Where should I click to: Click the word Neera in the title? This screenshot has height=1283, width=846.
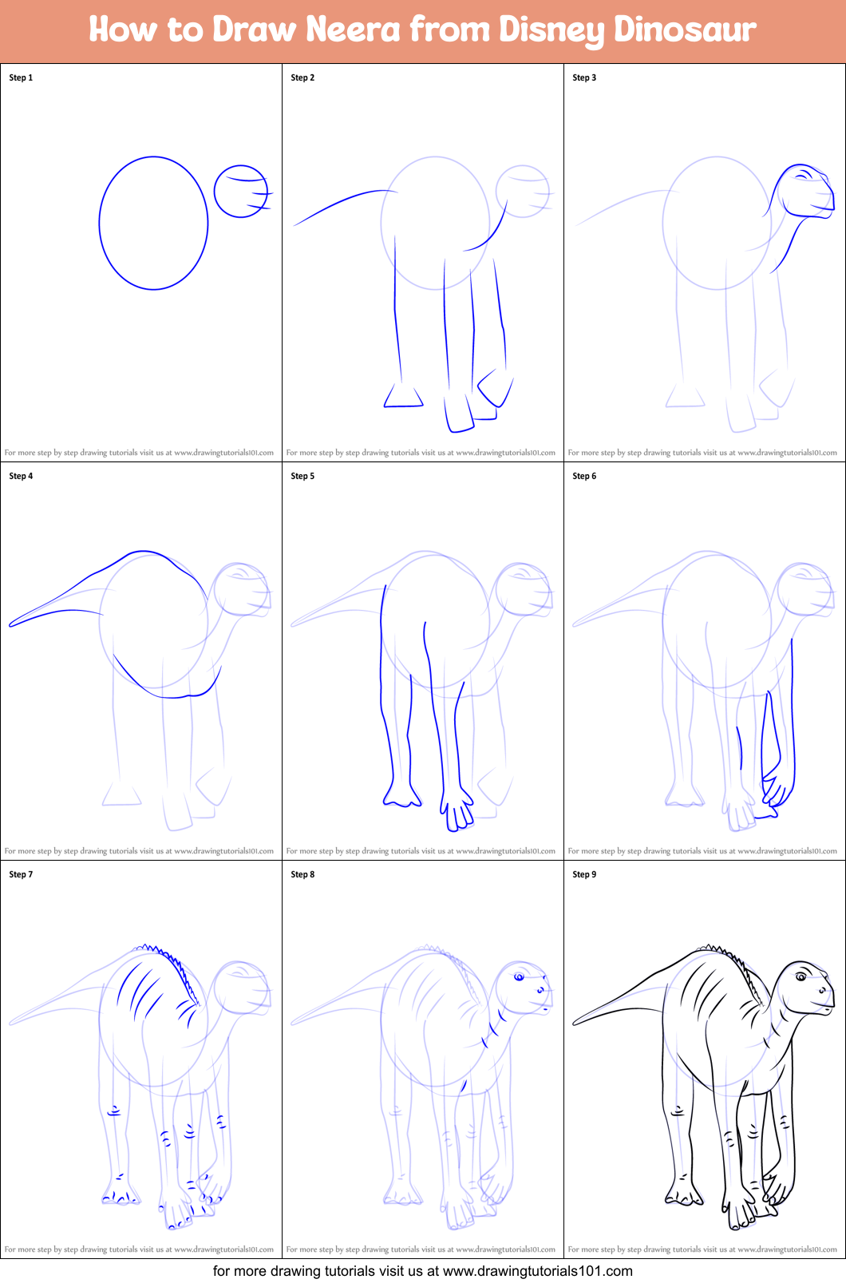point(353,30)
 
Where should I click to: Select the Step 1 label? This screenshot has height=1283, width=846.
point(21,77)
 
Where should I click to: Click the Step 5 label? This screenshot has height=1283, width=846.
point(302,476)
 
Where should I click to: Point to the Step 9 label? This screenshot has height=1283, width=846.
point(584,874)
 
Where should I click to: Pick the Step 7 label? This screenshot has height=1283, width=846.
point(21,874)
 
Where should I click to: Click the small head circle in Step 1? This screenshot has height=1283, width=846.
point(240,192)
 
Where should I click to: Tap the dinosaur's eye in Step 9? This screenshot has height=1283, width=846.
point(801,976)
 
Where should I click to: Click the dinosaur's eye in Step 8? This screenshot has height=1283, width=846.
point(519,976)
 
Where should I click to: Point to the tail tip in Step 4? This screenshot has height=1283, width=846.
point(11,624)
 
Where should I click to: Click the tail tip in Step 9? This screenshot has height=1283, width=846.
point(575,1022)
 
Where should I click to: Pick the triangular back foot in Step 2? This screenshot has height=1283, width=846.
point(402,397)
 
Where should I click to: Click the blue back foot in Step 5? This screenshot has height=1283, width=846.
point(401,794)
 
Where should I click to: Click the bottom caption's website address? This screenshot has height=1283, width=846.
point(537,1271)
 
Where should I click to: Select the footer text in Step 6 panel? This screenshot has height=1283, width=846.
point(702,851)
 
